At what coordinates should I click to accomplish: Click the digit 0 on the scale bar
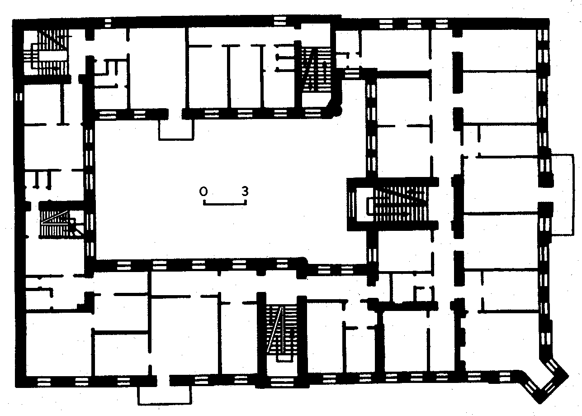pyautogui.click(x=203, y=191)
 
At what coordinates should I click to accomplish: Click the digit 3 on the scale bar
pyautogui.click(x=245, y=191)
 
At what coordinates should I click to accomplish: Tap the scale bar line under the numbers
pyautogui.click(x=225, y=203)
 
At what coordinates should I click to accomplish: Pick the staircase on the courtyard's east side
pyautogui.click(x=393, y=204)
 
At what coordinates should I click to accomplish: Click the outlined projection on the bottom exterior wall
pyautogui.click(x=165, y=395)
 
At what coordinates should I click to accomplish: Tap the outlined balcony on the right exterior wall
pyautogui.click(x=563, y=195)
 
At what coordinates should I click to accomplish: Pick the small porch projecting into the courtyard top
pyautogui.click(x=176, y=130)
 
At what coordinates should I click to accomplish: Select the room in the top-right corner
pyautogui.click(x=499, y=50)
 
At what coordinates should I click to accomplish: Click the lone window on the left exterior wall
pyautogui.click(x=19, y=97)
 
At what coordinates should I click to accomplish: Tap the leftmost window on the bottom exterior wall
pyautogui.click(x=44, y=382)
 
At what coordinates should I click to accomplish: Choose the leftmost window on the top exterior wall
pyautogui.click(x=108, y=23)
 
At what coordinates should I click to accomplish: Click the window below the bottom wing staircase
pyautogui.click(x=282, y=382)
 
